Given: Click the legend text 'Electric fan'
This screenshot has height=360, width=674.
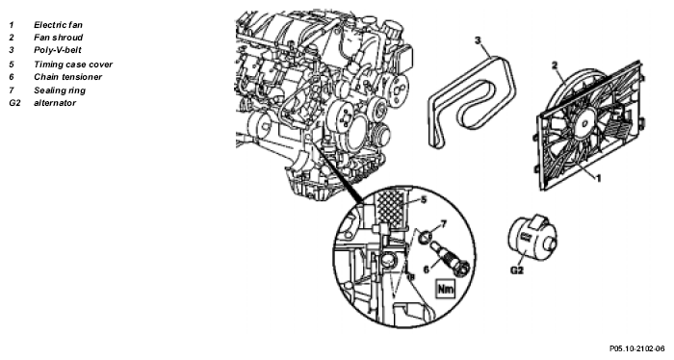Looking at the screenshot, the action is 58,25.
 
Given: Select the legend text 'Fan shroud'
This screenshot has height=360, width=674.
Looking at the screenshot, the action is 59,38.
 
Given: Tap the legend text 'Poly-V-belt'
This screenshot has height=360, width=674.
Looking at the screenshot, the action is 58,50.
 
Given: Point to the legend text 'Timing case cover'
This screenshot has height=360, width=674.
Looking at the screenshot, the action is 73,64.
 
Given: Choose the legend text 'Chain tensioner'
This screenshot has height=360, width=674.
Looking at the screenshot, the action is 68,77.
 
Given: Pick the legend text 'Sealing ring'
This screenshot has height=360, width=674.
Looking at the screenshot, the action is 60,90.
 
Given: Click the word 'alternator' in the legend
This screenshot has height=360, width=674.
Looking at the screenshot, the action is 55,103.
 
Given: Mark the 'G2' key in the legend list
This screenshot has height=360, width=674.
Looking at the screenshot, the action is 14,103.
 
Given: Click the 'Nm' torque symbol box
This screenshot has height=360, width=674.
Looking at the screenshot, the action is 446,289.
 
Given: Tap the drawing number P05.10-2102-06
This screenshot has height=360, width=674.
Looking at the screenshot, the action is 636,348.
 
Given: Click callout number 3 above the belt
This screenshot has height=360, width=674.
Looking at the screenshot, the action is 478,40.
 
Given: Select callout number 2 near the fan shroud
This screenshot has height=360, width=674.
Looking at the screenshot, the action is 555,65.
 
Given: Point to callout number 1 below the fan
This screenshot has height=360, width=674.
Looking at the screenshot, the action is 598,177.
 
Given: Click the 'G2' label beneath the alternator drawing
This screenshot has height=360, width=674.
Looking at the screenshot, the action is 517,270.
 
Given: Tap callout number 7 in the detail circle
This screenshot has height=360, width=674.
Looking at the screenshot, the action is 444,224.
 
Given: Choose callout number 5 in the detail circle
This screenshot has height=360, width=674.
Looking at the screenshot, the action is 424,200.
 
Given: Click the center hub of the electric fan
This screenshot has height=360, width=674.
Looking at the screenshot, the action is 584,122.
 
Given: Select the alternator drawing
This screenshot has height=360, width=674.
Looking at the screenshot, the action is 532,239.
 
